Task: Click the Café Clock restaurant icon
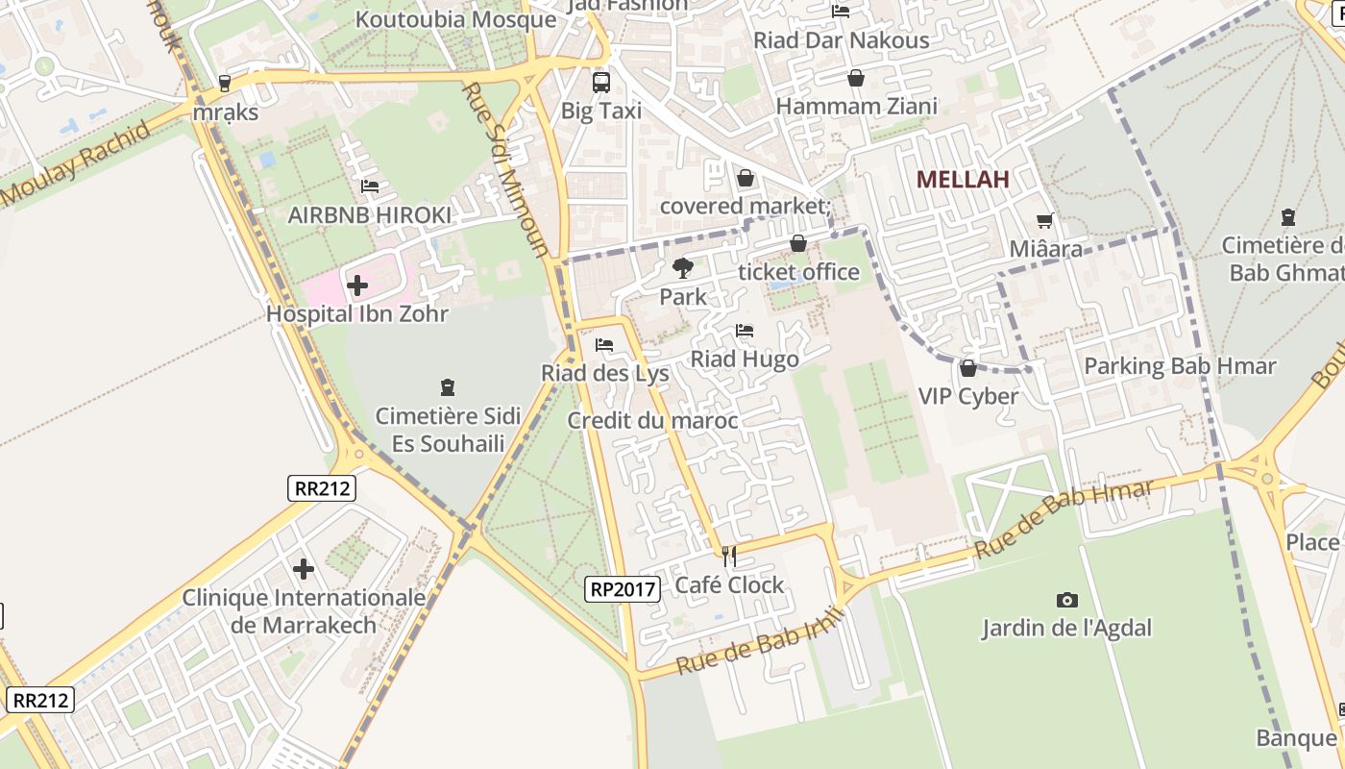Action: tap(729, 556)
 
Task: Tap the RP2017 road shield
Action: tap(623, 588)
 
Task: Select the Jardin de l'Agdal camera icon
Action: tap(1066, 600)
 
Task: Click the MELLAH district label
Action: tap(962, 179)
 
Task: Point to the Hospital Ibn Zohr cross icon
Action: tap(356, 285)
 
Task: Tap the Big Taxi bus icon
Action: tap(601, 83)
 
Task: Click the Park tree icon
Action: tap(683, 268)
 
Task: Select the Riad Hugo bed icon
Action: tap(745, 331)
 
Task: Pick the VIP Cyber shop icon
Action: tap(967, 368)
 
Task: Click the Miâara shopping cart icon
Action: tap(1045, 220)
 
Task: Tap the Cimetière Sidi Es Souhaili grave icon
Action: tap(447, 387)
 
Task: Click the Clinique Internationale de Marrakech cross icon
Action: tap(304, 569)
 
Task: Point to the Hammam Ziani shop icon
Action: tap(855, 78)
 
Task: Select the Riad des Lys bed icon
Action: tap(604, 344)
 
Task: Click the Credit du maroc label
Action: tap(652, 421)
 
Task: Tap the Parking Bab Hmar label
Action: tap(1180, 366)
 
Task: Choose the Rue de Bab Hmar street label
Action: tap(1064, 519)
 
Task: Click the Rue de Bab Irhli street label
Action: tap(760, 641)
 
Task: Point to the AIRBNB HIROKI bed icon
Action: tap(370, 186)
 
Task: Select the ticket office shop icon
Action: tap(798, 243)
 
